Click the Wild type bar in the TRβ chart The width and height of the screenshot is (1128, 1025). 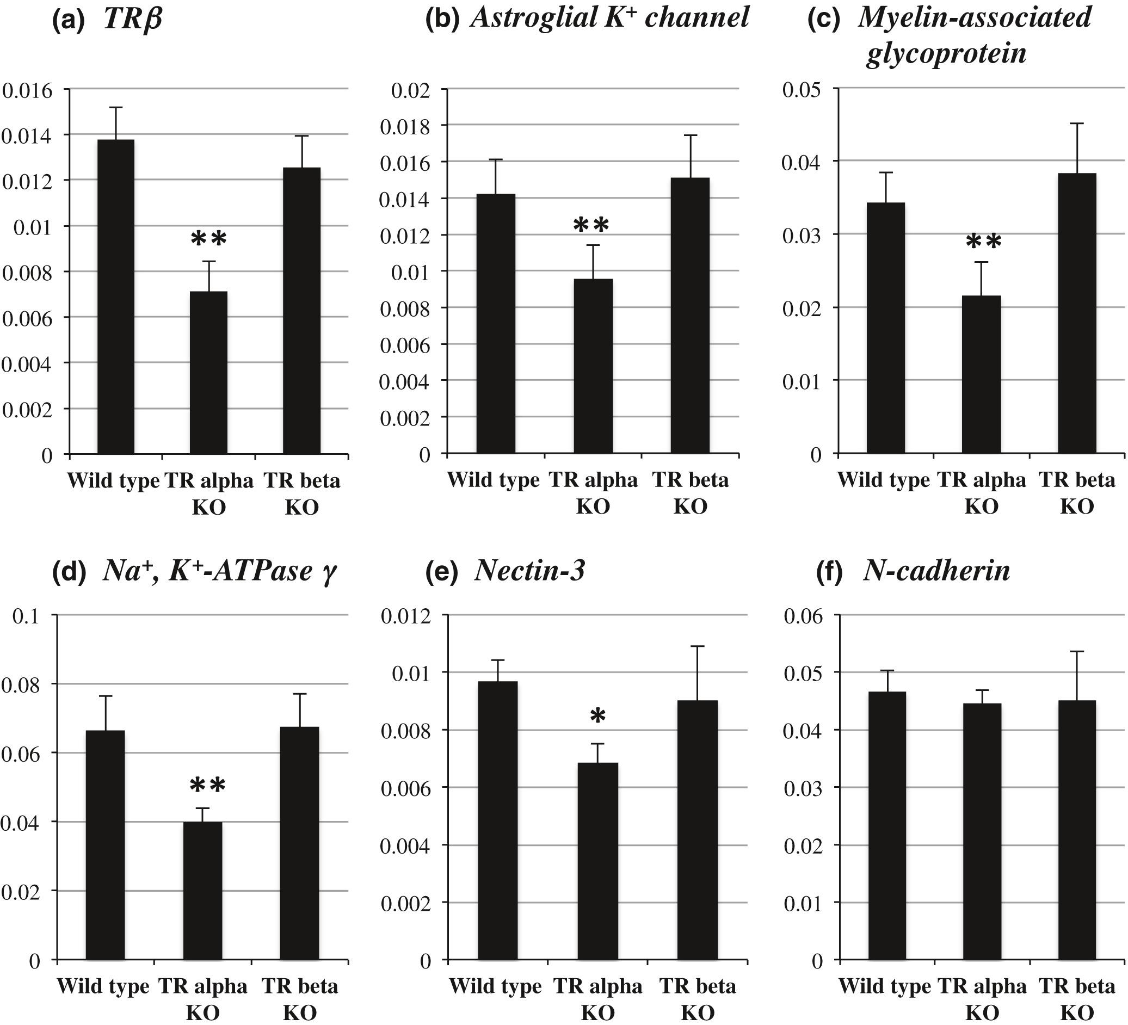116,297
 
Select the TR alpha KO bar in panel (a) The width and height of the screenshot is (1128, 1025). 209,372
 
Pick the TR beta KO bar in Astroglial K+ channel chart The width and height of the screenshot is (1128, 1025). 691,316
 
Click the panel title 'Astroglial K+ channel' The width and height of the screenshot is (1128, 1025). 609,18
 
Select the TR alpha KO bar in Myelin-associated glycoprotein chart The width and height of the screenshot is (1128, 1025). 982,374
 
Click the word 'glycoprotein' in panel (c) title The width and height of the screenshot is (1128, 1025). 946,54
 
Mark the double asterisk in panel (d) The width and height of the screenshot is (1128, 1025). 207,786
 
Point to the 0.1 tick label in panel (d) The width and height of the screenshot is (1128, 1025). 27,616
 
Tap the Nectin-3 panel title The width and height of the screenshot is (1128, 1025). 529,571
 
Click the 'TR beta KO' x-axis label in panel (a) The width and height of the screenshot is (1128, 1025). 302,494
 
